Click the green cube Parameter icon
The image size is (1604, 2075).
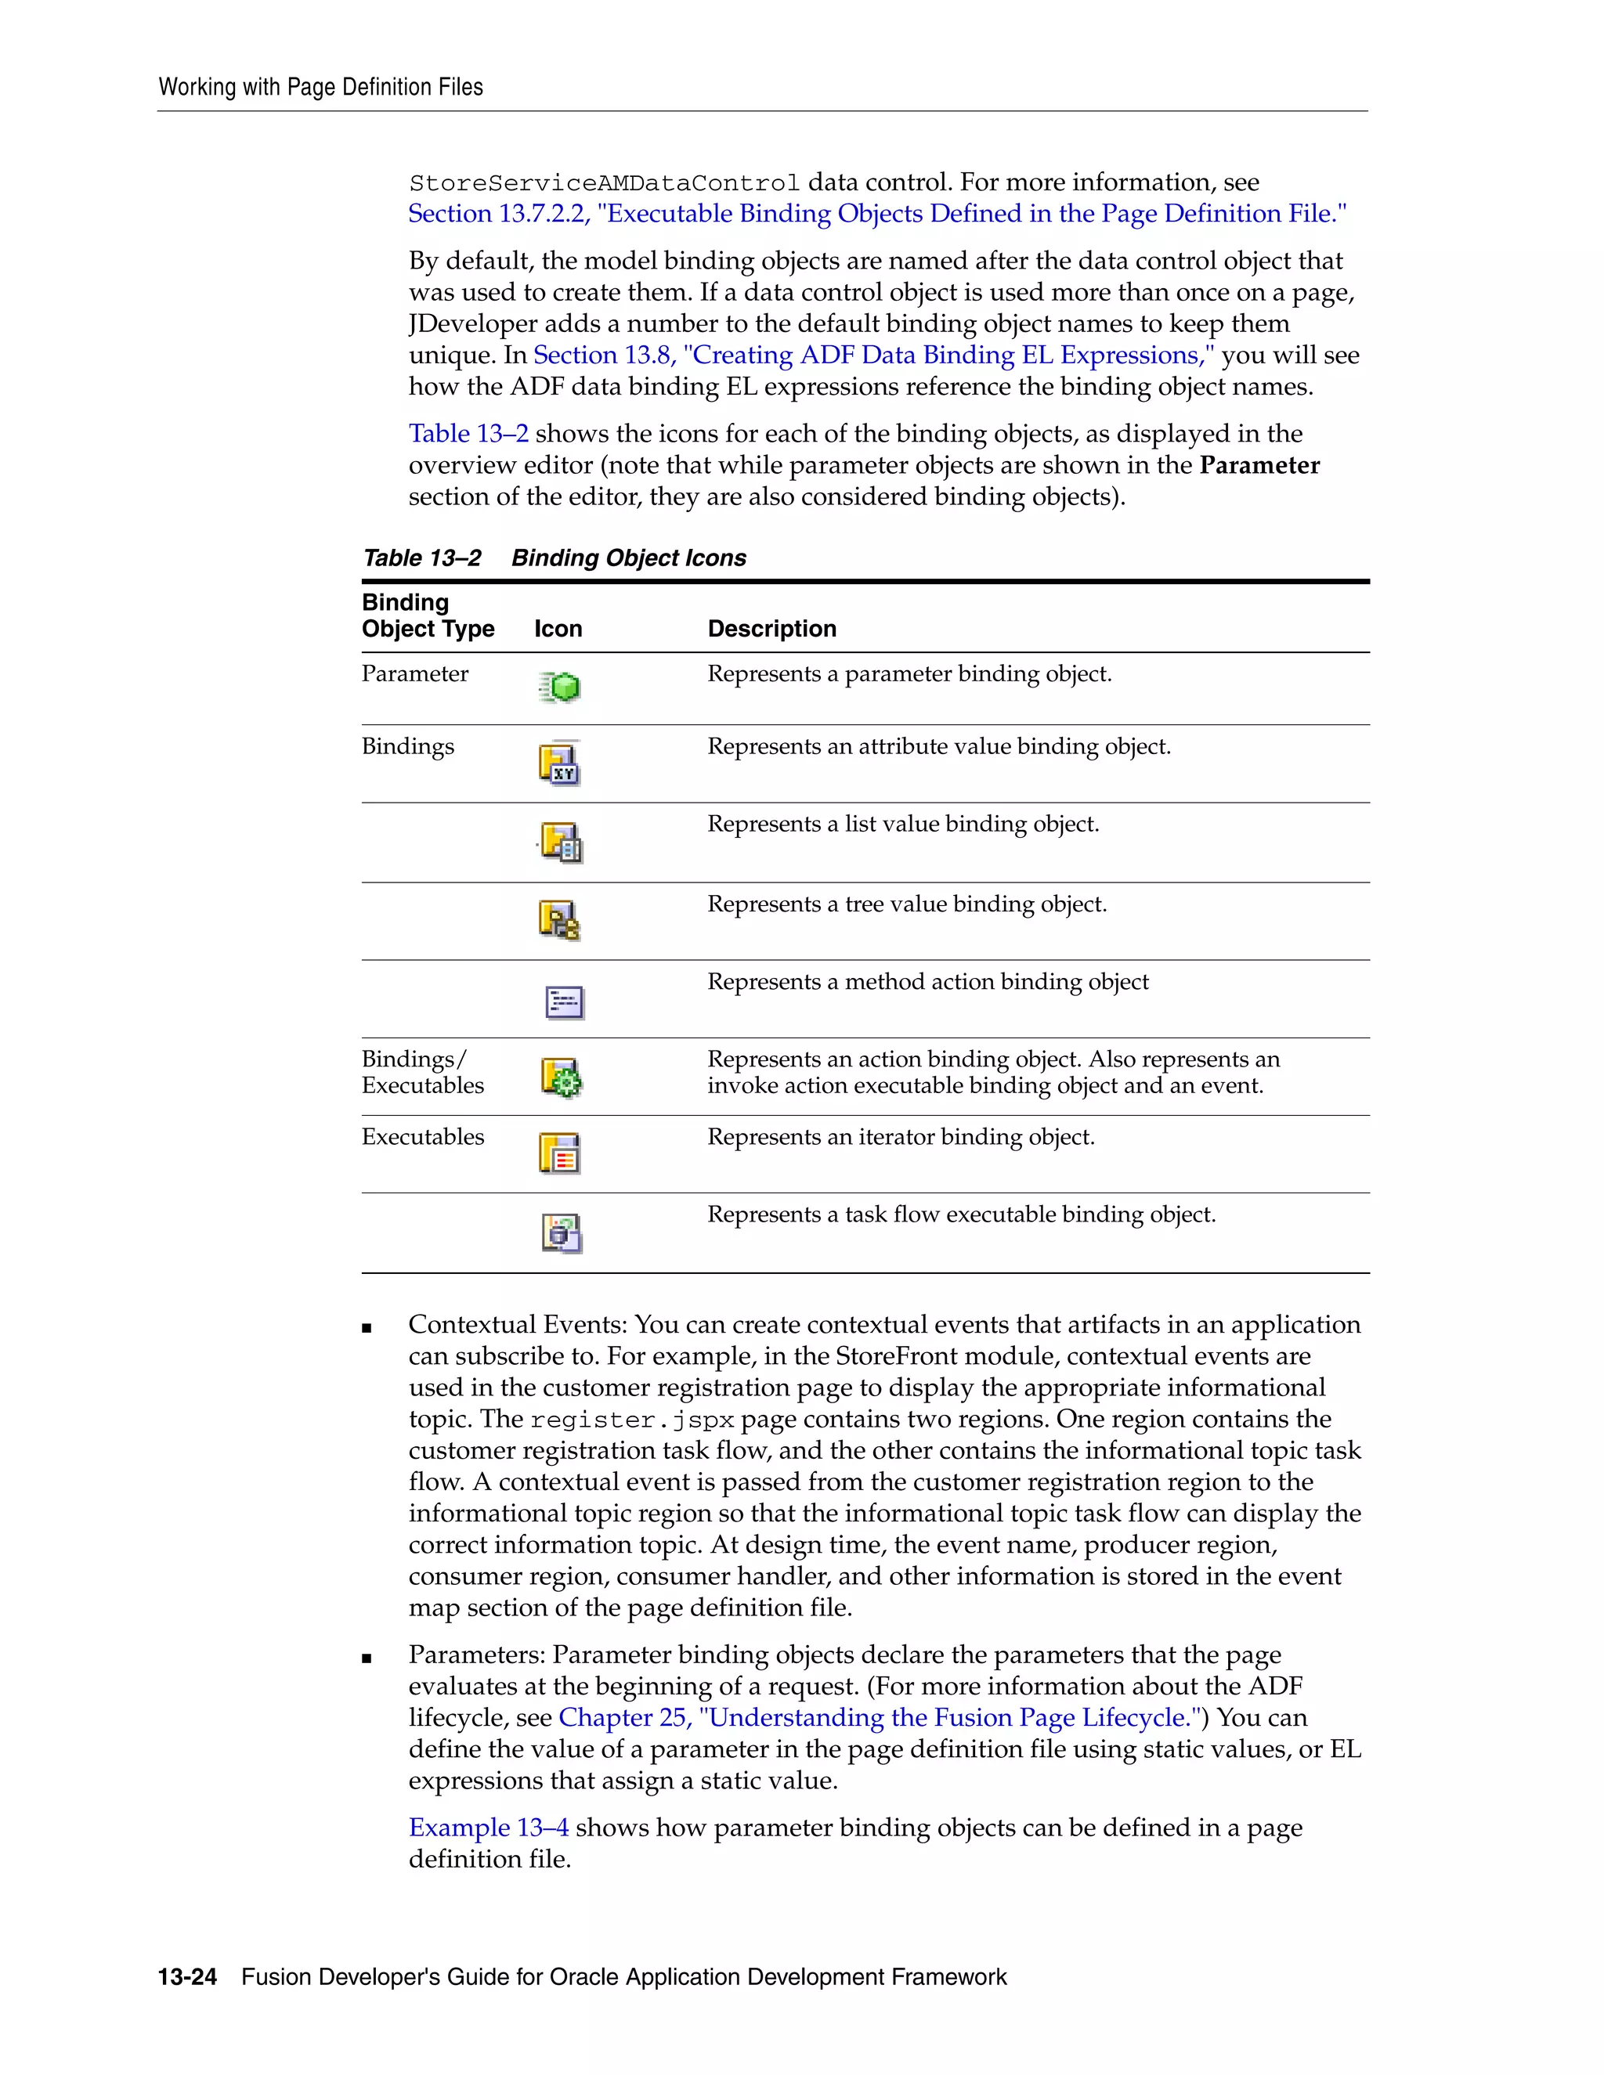tap(561, 687)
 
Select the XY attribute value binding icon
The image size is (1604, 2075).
tap(560, 764)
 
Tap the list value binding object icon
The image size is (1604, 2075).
tap(562, 843)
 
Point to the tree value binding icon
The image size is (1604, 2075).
tap(560, 921)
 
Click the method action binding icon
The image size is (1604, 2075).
tap(565, 1001)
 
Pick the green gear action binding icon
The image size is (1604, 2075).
tap(562, 1077)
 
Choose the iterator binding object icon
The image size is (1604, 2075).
tap(560, 1153)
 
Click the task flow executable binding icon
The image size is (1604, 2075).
tap(562, 1233)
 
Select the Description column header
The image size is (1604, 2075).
tap(771, 629)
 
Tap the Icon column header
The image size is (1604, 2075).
tap(558, 629)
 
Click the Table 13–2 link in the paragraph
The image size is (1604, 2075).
tap(468, 435)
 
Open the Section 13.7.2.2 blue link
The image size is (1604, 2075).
tap(876, 214)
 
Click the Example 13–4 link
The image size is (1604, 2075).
tap(489, 1828)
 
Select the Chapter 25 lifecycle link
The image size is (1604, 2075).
tap(879, 1718)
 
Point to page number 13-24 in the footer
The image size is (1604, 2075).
tap(187, 1977)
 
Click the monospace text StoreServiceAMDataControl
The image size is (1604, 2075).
tap(605, 182)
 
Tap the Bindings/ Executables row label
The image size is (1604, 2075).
tap(423, 1073)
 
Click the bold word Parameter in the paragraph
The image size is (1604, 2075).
tap(1259, 466)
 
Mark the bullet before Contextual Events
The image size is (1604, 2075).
tap(367, 1328)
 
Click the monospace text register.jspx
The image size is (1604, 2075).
tap(632, 1420)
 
